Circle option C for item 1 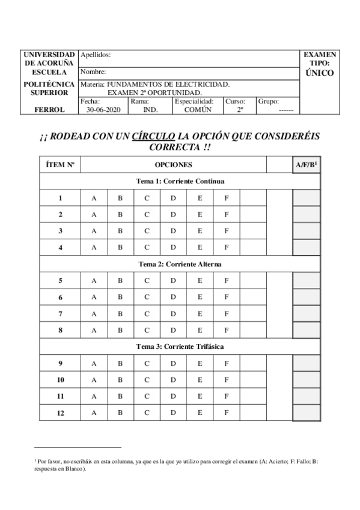[x=147, y=198]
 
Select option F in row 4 [x=227, y=247]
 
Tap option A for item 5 [x=94, y=280]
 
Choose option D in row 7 [x=173, y=313]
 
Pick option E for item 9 [x=200, y=363]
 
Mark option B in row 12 [x=120, y=412]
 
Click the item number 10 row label [x=61, y=379]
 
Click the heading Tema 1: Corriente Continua [x=180, y=181]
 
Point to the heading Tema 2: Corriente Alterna [x=180, y=264]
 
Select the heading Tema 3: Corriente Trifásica [x=180, y=347]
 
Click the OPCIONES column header [x=173, y=164]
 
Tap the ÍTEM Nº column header [x=60, y=164]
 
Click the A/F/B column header [x=306, y=164]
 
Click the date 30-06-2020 [x=103, y=110]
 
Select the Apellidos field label [x=95, y=55]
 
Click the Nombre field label [x=93, y=72]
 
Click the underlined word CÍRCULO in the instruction [x=154, y=137]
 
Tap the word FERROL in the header [x=49, y=110]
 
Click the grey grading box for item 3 [x=307, y=231]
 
